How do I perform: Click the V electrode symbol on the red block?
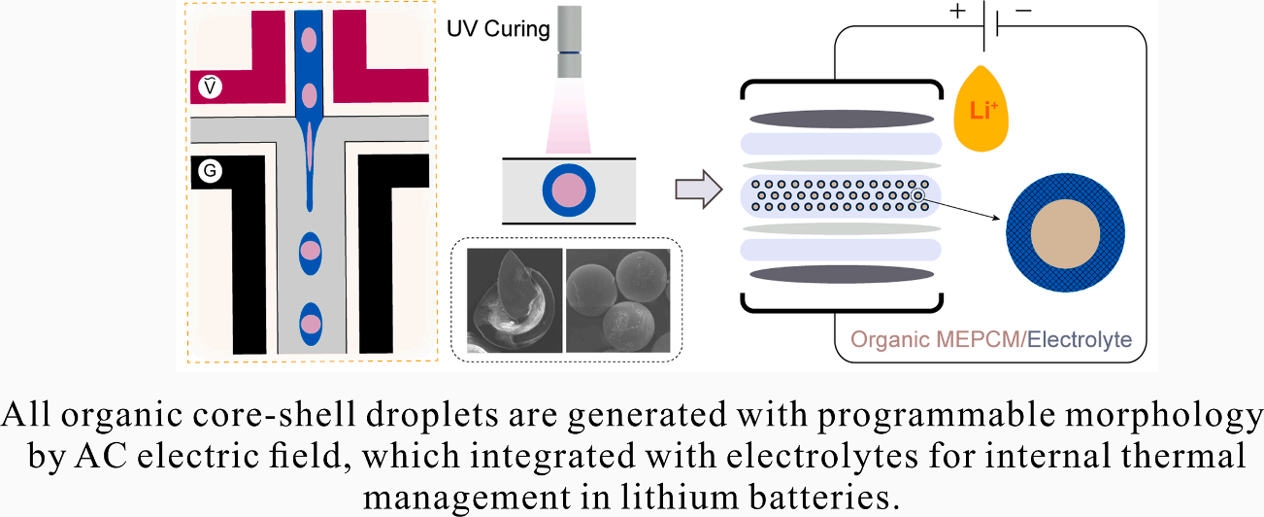211,86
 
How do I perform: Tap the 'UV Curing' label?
498,29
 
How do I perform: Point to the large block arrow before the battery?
696,189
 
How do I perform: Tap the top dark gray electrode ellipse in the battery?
841,120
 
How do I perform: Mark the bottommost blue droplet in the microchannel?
310,323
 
